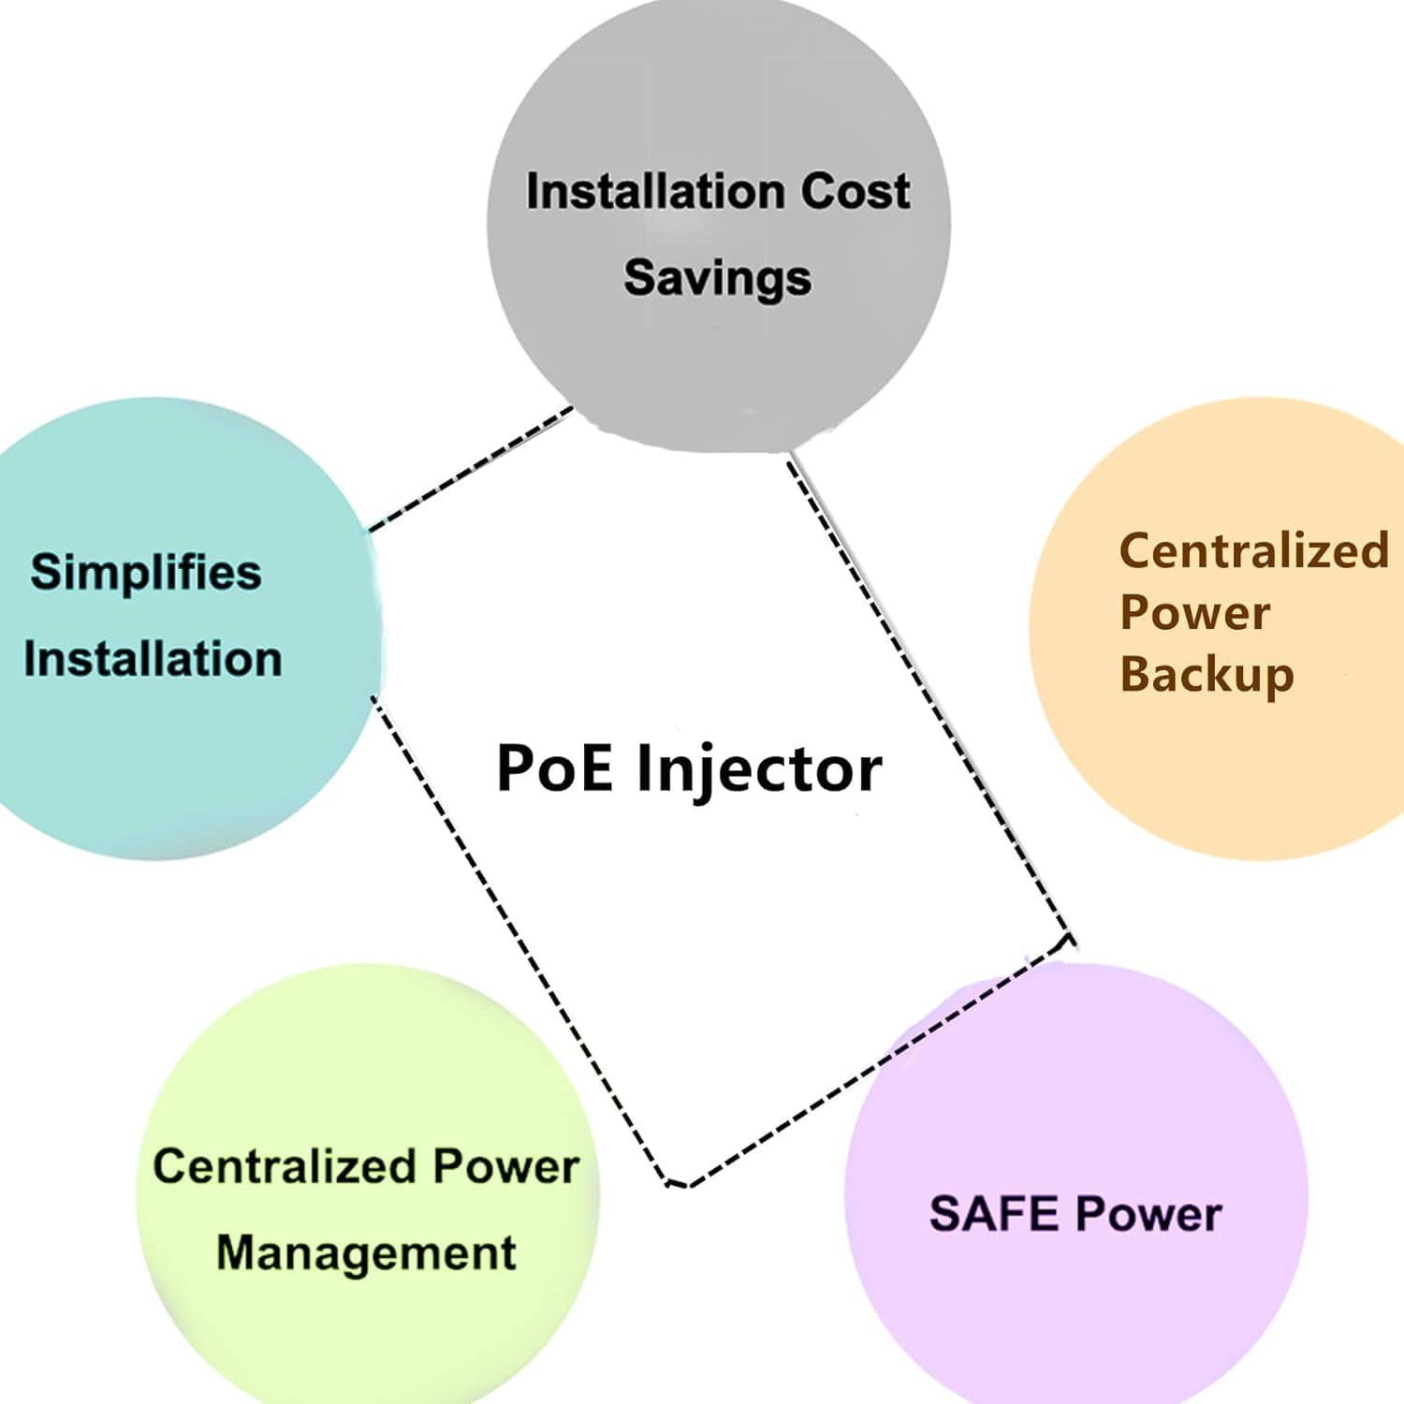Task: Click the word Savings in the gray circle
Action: [x=717, y=278]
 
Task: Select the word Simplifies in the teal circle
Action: [x=146, y=572]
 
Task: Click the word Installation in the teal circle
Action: [x=153, y=659]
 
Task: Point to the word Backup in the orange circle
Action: [x=1207, y=674]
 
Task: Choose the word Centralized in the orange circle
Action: [x=1253, y=550]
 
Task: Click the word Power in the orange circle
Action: [x=1195, y=613]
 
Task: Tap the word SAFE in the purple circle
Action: [x=993, y=1213]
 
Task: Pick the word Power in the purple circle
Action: [x=1148, y=1213]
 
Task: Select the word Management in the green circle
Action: [x=366, y=1253]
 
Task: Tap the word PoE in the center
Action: [x=554, y=768]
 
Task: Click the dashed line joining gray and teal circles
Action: [x=468, y=469]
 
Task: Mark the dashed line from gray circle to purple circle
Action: [x=927, y=693]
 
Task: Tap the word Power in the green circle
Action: [x=505, y=1166]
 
